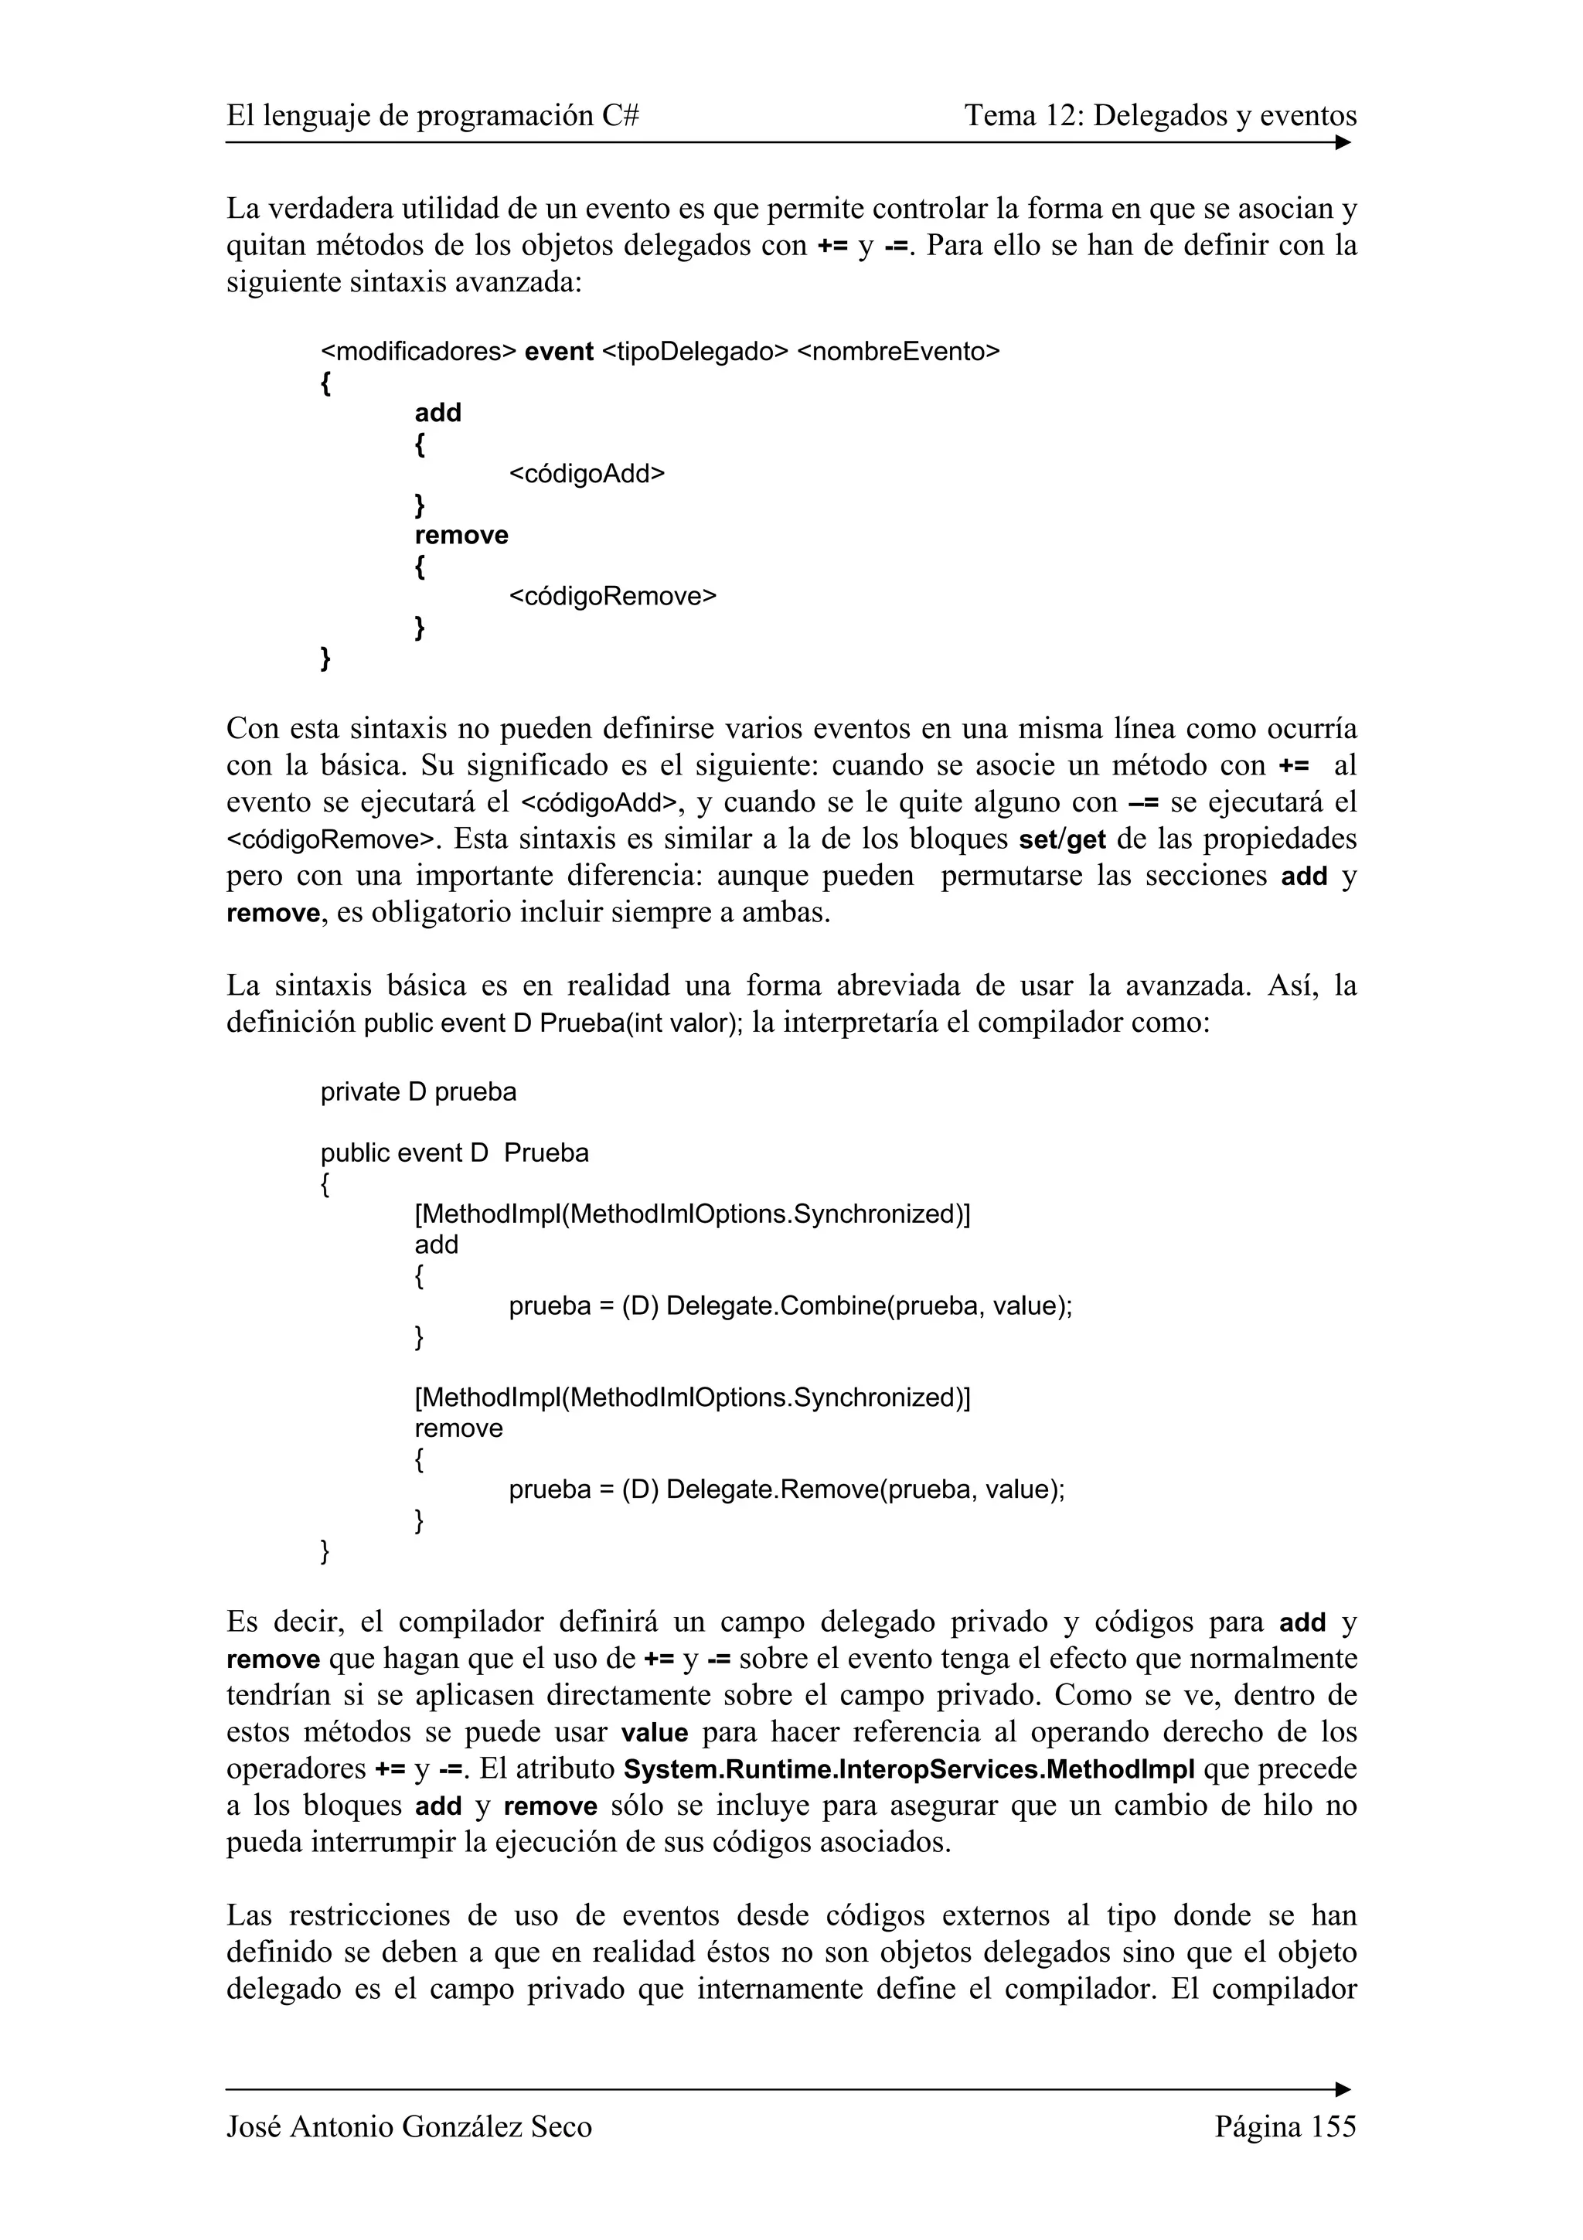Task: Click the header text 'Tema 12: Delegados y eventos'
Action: (x=1159, y=116)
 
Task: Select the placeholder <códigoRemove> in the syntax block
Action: (x=612, y=596)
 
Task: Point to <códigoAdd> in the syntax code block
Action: (x=586, y=474)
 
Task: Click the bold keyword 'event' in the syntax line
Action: (x=559, y=352)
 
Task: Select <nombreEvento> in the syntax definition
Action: (x=898, y=352)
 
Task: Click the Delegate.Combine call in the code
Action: (x=776, y=1306)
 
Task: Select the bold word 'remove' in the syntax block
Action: (x=461, y=536)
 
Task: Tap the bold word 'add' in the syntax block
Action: (x=438, y=413)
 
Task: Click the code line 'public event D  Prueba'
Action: (x=454, y=1153)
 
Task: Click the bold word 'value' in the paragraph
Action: (x=655, y=1733)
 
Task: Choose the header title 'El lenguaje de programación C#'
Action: (x=432, y=116)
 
